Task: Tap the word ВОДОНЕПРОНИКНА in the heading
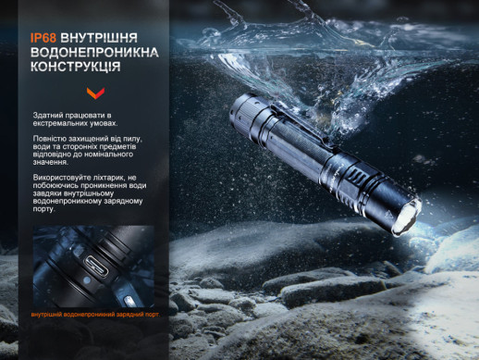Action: click(x=92, y=54)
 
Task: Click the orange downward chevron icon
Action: click(x=93, y=93)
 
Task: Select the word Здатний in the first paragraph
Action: click(x=46, y=115)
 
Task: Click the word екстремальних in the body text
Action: click(x=60, y=123)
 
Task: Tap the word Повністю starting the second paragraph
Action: click(x=50, y=139)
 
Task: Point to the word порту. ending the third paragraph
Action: click(x=43, y=209)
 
